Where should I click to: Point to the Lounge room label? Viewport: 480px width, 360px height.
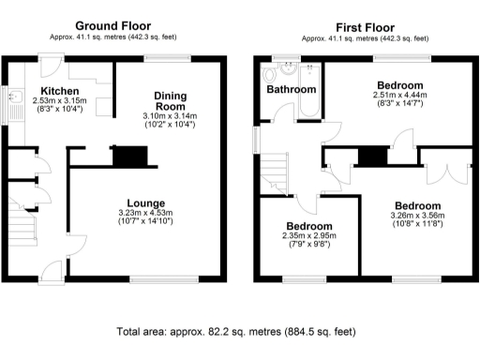(147, 203)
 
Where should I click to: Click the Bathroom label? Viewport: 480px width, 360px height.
(291, 90)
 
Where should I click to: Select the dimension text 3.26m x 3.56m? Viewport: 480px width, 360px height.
(416, 217)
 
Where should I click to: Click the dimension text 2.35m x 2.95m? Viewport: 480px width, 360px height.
(308, 237)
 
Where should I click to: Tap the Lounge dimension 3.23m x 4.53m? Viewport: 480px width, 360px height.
(147, 214)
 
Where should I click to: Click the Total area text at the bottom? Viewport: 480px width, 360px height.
(235, 331)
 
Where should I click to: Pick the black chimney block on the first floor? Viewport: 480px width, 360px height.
(372, 156)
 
